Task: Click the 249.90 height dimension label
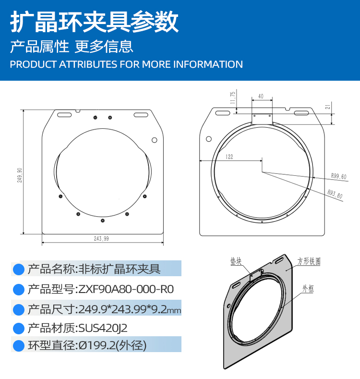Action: click(20, 175)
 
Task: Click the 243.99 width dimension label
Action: click(101, 239)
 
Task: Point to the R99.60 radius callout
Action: click(338, 176)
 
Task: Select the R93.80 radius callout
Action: click(335, 194)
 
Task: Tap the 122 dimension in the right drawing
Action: click(229, 157)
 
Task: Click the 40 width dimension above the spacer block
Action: click(261, 96)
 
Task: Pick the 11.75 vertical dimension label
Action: click(233, 98)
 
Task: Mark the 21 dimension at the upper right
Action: click(328, 107)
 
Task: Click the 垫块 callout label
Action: click(236, 261)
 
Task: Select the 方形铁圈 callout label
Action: click(309, 261)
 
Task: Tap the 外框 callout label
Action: click(308, 289)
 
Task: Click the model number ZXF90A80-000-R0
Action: click(126, 289)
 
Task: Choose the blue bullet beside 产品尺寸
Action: click(19, 310)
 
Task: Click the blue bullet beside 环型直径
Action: click(19, 346)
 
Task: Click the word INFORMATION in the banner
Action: click(208, 64)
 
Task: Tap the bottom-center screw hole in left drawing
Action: click(103, 220)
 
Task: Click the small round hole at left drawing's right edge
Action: click(155, 140)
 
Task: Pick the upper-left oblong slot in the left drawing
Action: click(64, 115)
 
